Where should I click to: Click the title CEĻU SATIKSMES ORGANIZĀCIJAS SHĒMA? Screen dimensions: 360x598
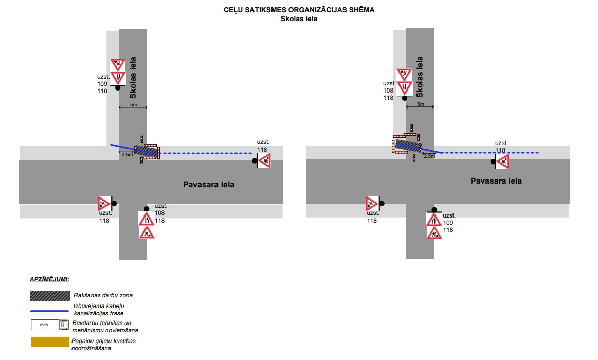pyautogui.click(x=299, y=10)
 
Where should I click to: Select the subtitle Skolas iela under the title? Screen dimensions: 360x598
pyautogui.click(x=299, y=19)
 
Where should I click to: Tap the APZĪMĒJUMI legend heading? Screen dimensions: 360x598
pyautogui.click(x=49, y=279)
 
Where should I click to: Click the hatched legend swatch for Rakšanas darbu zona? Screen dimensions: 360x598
pyautogui.click(x=49, y=296)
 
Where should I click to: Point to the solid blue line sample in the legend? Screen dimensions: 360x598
pyautogui.click(x=49, y=310)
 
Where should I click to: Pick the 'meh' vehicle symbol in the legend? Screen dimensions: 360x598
pyautogui.click(x=49, y=325)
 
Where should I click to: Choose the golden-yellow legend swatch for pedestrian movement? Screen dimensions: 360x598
pyautogui.click(x=49, y=342)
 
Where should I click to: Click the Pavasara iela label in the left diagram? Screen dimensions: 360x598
pyautogui.click(x=209, y=184)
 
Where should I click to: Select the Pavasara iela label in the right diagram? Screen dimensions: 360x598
pyautogui.click(x=496, y=181)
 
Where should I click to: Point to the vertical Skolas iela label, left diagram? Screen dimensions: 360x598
pyautogui.click(x=133, y=78)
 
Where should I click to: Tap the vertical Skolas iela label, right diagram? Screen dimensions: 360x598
pyautogui.click(x=420, y=77)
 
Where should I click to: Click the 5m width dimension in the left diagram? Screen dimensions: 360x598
pyautogui.click(x=133, y=105)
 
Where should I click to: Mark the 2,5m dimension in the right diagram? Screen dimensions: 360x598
pyautogui.click(x=429, y=156)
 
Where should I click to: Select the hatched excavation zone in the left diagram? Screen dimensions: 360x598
pyautogui.click(x=147, y=151)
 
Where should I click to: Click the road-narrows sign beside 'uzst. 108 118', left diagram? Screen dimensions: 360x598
pyautogui.click(x=147, y=219)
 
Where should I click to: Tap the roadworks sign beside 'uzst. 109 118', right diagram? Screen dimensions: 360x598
pyautogui.click(x=433, y=232)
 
